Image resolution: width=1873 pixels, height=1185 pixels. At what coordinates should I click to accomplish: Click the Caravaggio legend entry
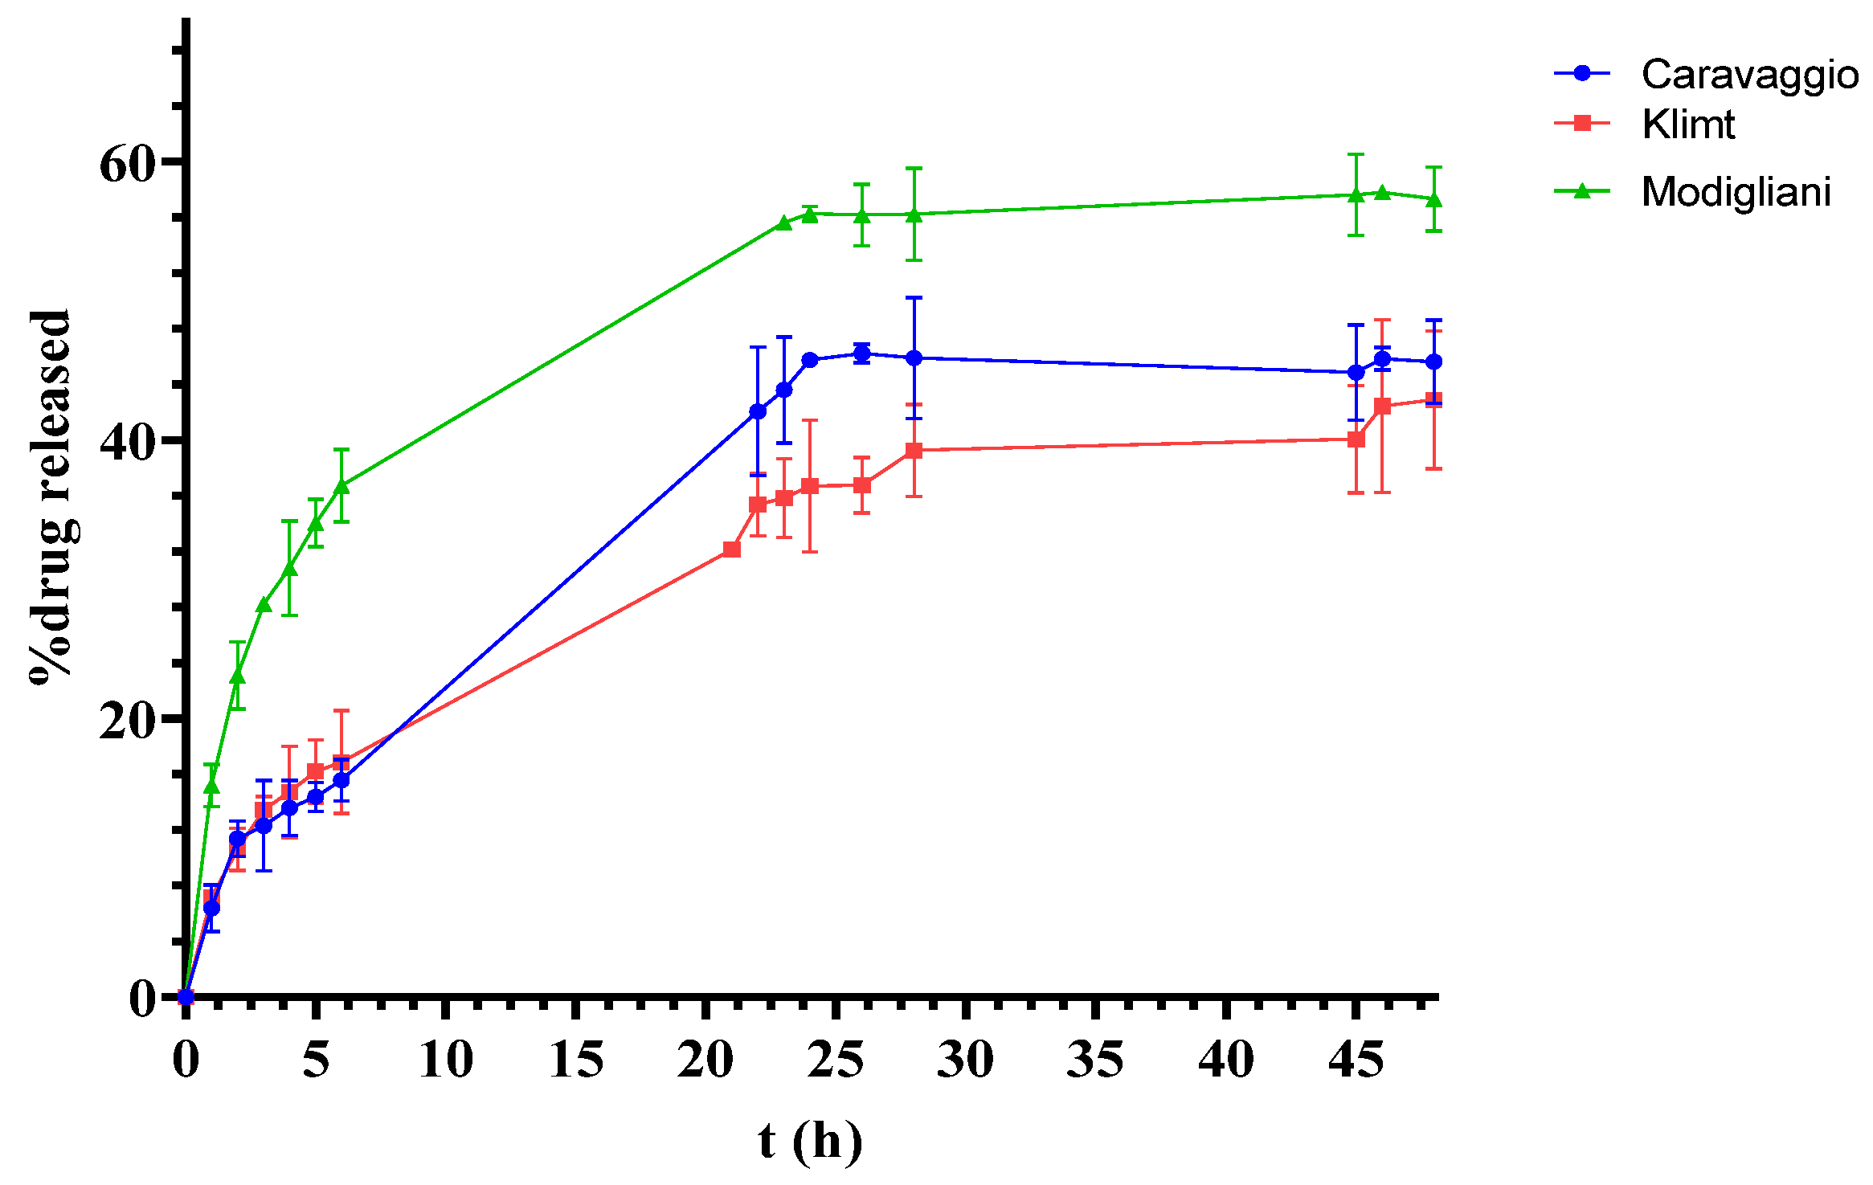click(1749, 75)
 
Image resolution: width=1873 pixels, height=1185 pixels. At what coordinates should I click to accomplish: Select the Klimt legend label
click(1687, 125)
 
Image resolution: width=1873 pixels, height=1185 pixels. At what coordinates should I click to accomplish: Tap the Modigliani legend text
click(1736, 192)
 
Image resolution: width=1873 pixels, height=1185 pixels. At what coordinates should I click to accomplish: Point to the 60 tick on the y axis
click(126, 164)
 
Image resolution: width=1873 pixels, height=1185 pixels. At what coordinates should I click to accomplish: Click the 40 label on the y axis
click(126, 443)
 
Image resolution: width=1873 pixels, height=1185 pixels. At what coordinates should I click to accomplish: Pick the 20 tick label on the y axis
click(126, 721)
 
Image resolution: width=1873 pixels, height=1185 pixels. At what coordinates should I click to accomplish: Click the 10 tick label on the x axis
click(446, 1060)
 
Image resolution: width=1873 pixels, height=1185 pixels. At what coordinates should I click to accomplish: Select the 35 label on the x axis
click(1096, 1060)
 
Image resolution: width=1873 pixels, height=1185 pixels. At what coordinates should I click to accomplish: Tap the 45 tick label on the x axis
click(1356, 1060)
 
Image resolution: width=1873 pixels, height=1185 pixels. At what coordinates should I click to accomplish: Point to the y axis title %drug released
click(51, 496)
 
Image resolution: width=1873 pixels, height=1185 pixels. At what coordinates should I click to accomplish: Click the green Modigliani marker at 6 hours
click(341, 485)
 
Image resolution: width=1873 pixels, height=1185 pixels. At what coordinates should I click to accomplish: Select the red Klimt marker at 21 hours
click(731, 550)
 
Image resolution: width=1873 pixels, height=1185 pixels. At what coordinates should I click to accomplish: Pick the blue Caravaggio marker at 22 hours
click(758, 411)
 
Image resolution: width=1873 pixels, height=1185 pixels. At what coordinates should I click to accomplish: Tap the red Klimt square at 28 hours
click(914, 451)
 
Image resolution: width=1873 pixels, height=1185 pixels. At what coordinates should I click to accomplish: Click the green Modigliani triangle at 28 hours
click(914, 215)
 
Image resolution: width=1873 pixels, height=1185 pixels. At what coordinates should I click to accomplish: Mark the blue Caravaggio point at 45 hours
click(1356, 373)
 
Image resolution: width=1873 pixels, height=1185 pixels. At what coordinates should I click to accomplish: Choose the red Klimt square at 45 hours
click(1356, 439)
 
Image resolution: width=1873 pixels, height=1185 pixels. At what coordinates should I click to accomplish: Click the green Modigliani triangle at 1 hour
click(211, 785)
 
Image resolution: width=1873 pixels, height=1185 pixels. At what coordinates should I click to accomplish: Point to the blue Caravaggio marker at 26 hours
click(862, 353)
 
